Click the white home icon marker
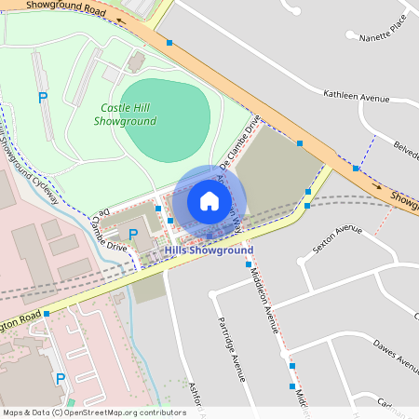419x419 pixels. pos(209,200)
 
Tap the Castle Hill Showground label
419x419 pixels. pos(128,115)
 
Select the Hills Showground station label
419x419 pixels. pos(209,250)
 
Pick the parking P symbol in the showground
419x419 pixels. pos(42,97)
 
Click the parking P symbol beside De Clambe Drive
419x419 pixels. pos(133,233)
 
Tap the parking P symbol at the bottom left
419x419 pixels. pos(61,378)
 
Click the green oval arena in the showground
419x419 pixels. pos(166,120)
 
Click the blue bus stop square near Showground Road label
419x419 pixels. pos(169,43)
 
